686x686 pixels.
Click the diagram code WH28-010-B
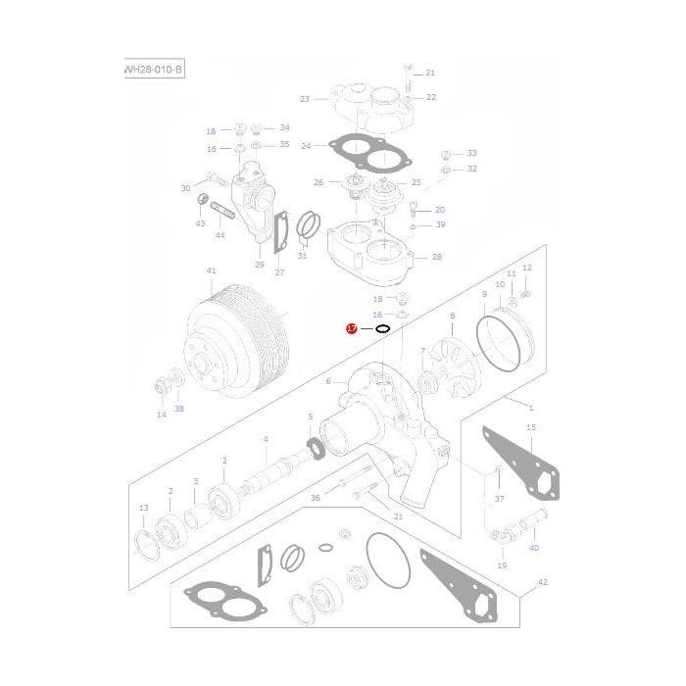154,70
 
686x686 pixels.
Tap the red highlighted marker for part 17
351,329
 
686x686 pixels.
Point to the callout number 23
305,98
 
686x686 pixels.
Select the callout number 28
436,257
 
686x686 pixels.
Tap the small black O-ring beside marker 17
382,329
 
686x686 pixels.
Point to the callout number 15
531,427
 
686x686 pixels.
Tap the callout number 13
144,508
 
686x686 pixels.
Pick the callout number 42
543,581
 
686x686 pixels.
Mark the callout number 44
219,235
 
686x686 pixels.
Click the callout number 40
534,549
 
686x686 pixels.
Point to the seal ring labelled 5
317,449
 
